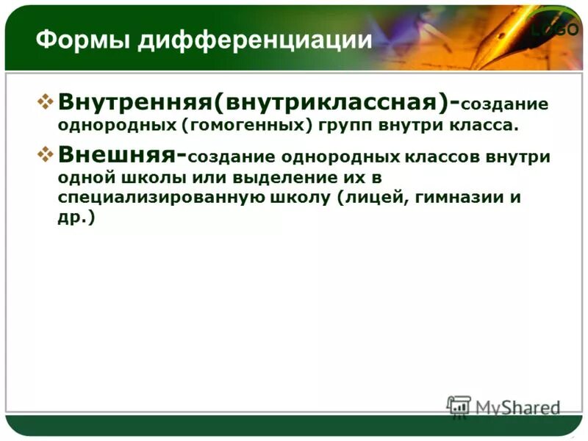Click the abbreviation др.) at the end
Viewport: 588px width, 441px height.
click(76, 219)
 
